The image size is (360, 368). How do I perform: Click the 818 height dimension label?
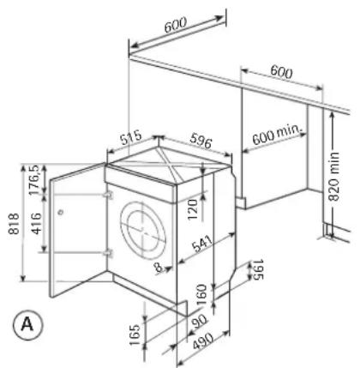tap(14, 224)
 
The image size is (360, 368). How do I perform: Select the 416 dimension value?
tap(36, 224)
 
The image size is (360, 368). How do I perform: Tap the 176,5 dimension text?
tap(35, 179)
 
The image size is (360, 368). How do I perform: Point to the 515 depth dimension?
tap(131, 137)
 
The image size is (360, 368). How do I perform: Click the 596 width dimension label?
tap(201, 141)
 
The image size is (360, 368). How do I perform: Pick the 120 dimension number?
tap(193, 209)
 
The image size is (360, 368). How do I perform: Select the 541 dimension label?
tap(203, 244)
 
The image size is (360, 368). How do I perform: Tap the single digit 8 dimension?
tap(158, 268)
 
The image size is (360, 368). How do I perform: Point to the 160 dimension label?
tap(201, 294)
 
